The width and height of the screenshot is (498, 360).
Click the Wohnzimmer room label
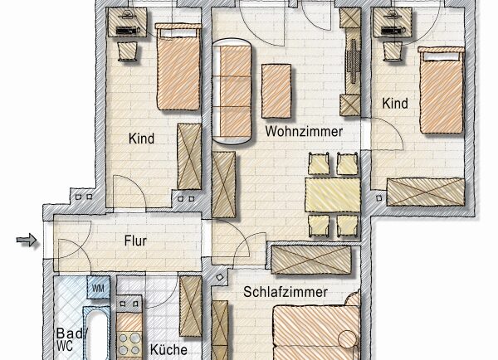pyautogui.click(x=304, y=131)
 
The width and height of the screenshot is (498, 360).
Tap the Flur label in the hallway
pyautogui.click(x=135, y=241)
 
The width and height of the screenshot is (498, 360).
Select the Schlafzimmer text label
pyautogui.click(x=286, y=292)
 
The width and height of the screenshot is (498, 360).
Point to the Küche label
pyautogui.click(x=168, y=349)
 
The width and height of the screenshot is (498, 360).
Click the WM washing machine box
pyautogui.click(x=99, y=288)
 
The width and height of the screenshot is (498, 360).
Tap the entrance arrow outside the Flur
pyautogui.click(x=27, y=240)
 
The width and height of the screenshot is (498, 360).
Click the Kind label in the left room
pyautogui.click(x=141, y=139)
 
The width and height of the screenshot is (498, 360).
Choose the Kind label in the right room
pyautogui.click(x=395, y=104)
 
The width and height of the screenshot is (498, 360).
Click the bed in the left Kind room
pyautogui.click(x=178, y=66)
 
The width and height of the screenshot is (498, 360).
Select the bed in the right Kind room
pyautogui.click(x=442, y=90)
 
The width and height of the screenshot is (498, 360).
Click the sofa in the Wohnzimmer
pyautogui.click(x=232, y=91)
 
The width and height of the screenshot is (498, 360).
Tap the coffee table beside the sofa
pyautogui.click(x=276, y=91)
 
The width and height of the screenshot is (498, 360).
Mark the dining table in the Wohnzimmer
pyautogui.click(x=333, y=195)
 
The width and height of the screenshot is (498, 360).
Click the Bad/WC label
pyautogui.click(x=71, y=340)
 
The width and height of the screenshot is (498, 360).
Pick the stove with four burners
pyautogui.click(x=129, y=343)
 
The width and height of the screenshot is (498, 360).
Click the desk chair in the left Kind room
pyautogui.click(x=128, y=51)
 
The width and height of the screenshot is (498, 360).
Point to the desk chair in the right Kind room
pyautogui.click(x=393, y=51)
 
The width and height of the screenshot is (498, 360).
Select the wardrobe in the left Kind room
pyautogui.click(x=189, y=157)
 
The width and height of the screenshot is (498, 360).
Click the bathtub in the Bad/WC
pyautogui.click(x=96, y=333)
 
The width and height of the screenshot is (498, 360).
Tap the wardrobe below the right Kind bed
pyautogui.click(x=426, y=192)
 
